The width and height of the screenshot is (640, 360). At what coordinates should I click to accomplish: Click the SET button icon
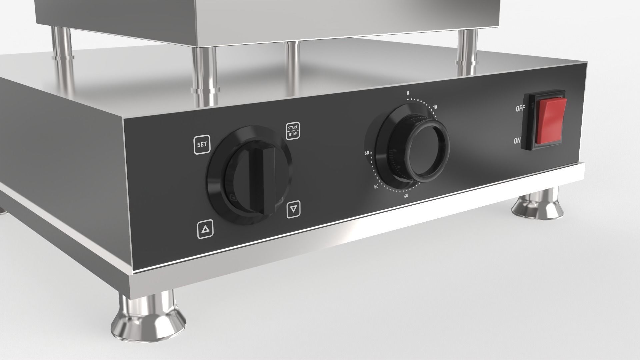pos(202,145)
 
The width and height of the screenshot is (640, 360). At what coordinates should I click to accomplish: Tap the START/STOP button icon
pos(293,131)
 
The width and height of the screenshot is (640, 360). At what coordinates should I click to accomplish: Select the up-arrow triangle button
pos(205,230)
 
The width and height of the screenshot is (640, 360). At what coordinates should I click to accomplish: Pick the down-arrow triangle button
pos(293,209)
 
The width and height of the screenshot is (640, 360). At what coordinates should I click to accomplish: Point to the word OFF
pos(520,108)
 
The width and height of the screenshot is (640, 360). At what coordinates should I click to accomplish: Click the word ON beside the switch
pos(517,141)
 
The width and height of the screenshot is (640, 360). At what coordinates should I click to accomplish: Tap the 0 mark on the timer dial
pos(408,93)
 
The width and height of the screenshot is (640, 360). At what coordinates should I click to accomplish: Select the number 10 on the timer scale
pos(435,107)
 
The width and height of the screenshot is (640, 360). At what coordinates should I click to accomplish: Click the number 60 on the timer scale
pos(367,153)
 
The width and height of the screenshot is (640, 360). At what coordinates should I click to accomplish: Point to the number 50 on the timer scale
pos(376,187)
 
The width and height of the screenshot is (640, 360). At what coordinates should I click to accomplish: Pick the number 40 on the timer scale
pos(406,196)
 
